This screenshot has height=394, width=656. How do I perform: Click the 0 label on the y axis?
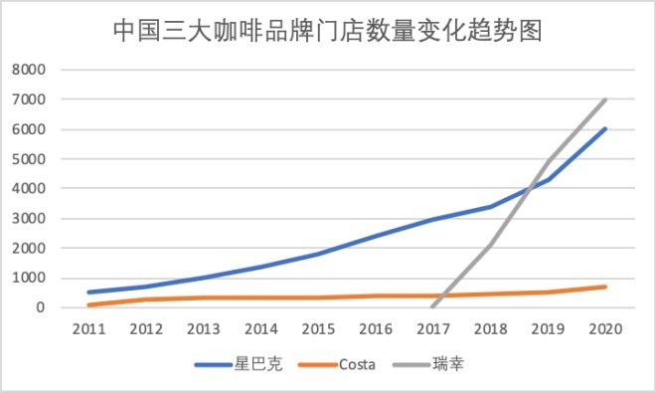(x=41, y=307)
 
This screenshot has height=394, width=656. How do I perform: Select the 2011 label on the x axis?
(x=88, y=327)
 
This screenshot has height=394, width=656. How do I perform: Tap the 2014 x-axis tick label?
(x=260, y=327)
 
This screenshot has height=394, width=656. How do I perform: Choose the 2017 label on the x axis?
(x=433, y=327)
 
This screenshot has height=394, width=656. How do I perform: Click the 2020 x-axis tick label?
(x=606, y=327)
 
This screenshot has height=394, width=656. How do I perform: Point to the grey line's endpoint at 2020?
(x=606, y=99)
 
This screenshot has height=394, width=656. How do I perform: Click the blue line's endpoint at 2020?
(x=606, y=128)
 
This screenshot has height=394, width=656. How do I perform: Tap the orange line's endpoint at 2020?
(x=606, y=287)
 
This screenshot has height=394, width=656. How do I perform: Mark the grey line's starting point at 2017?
(x=433, y=306)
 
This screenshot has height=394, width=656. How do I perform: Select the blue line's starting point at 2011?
(x=88, y=293)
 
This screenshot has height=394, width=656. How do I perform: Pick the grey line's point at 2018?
(x=491, y=245)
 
